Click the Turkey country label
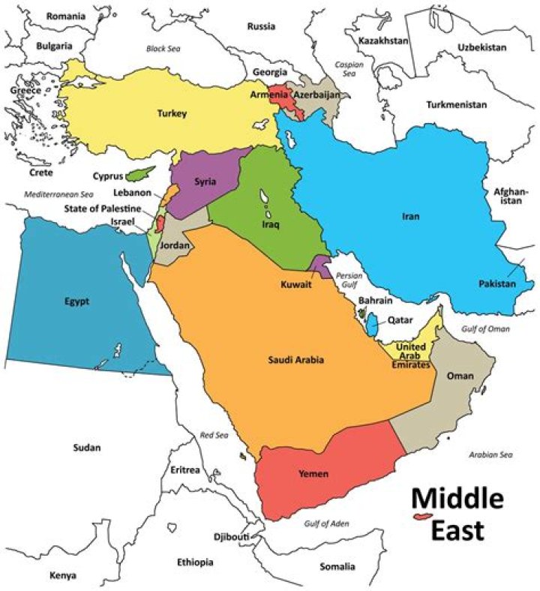[x=171, y=114]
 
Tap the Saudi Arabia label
[x=296, y=360]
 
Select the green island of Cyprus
[x=136, y=175]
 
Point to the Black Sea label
[x=164, y=49]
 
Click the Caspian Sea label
[x=344, y=70]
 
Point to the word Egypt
[x=77, y=301]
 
